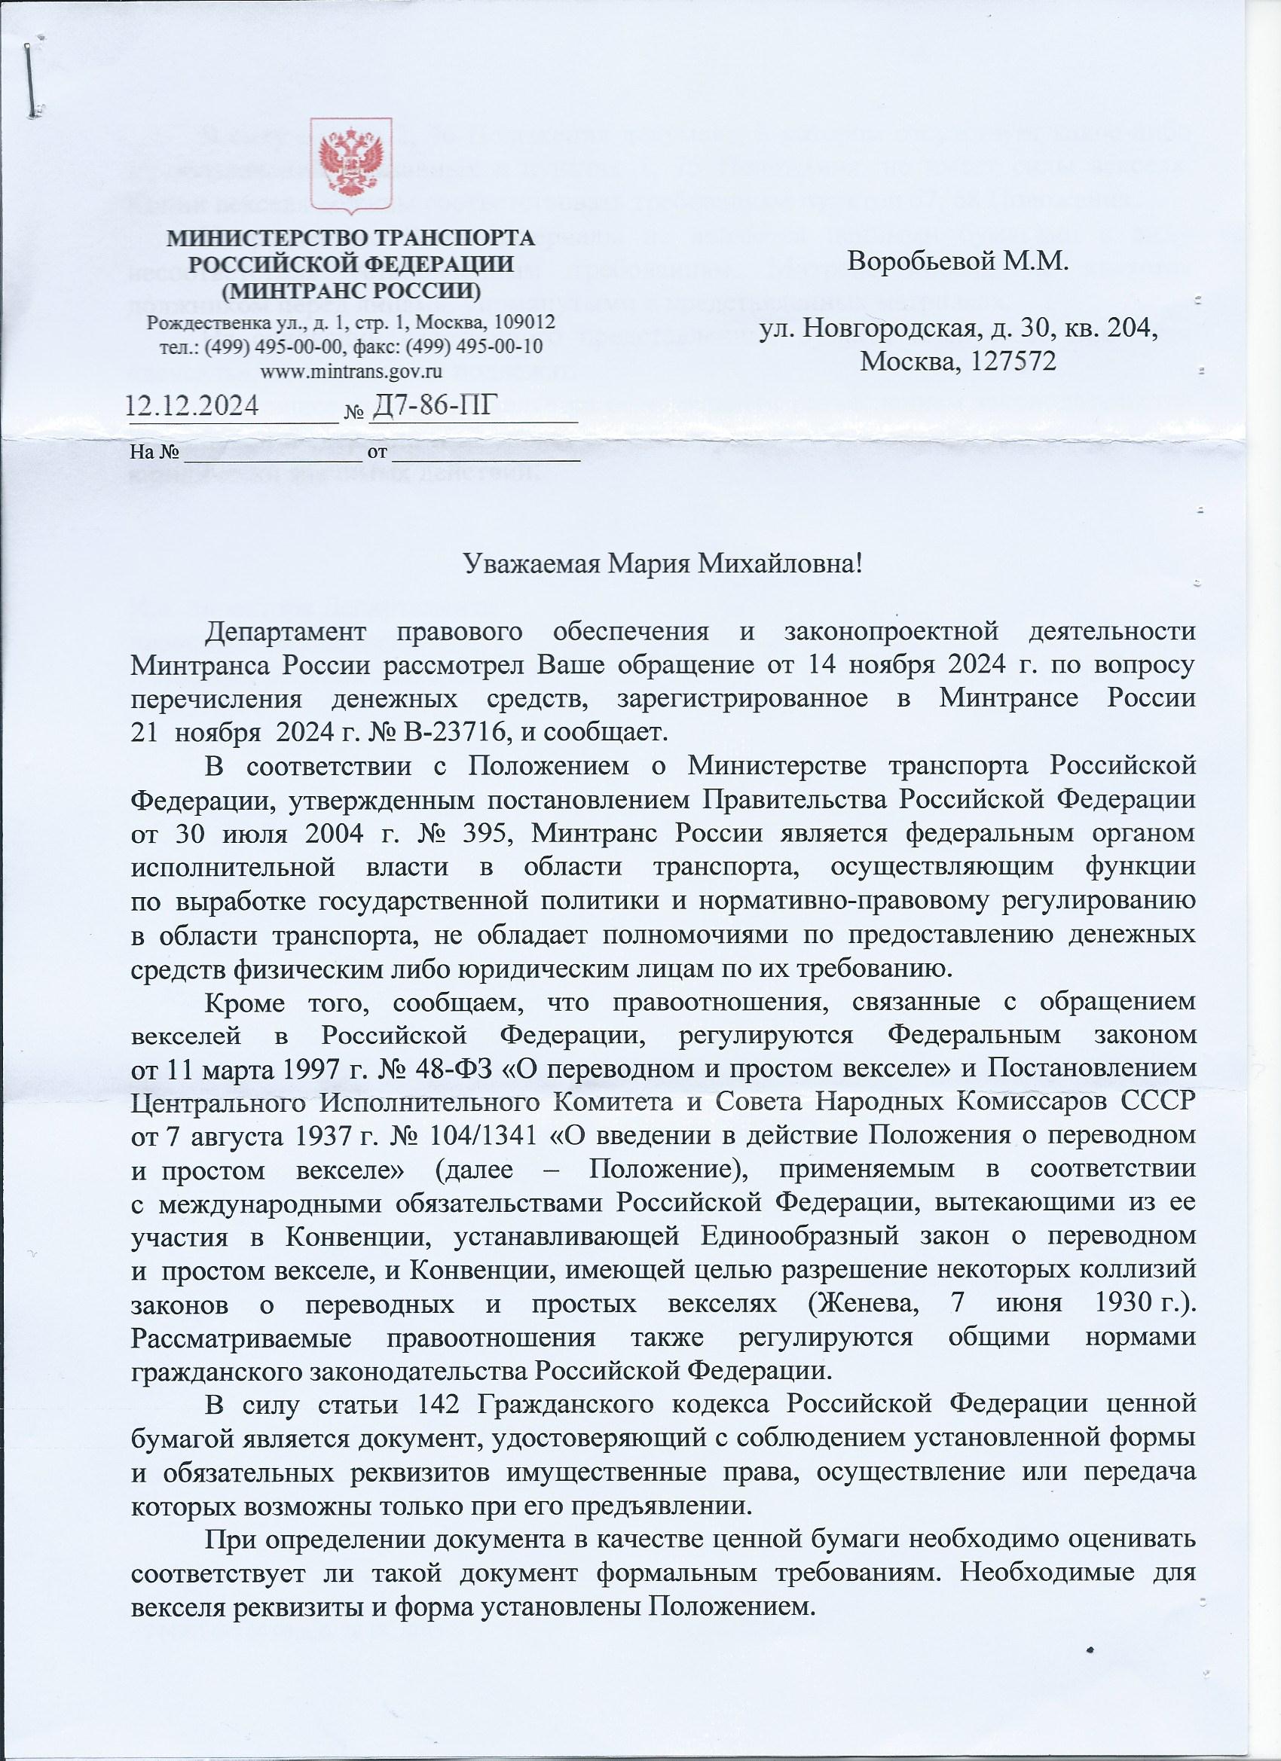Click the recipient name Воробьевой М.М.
point(958,260)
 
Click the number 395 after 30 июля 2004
point(485,833)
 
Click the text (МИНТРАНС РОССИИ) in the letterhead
point(350,292)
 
